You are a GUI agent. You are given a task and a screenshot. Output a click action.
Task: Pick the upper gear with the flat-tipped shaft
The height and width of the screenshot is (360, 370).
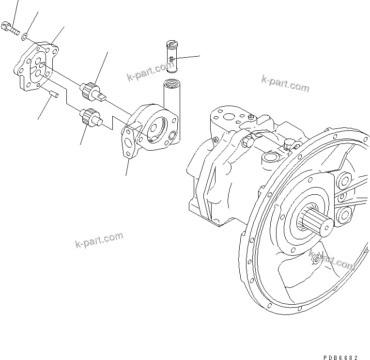tap(91, 90)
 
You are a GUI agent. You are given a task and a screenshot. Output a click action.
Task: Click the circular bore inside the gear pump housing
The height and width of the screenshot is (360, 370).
tap(156, 129)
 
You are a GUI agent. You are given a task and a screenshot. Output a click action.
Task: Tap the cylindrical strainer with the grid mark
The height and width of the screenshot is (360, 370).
tap(172, 57)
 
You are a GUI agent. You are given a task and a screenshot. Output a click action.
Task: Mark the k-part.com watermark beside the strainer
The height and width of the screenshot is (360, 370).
tap(146, 72)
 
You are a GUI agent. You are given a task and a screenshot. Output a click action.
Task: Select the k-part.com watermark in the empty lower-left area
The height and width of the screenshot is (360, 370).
tap(99, 240)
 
